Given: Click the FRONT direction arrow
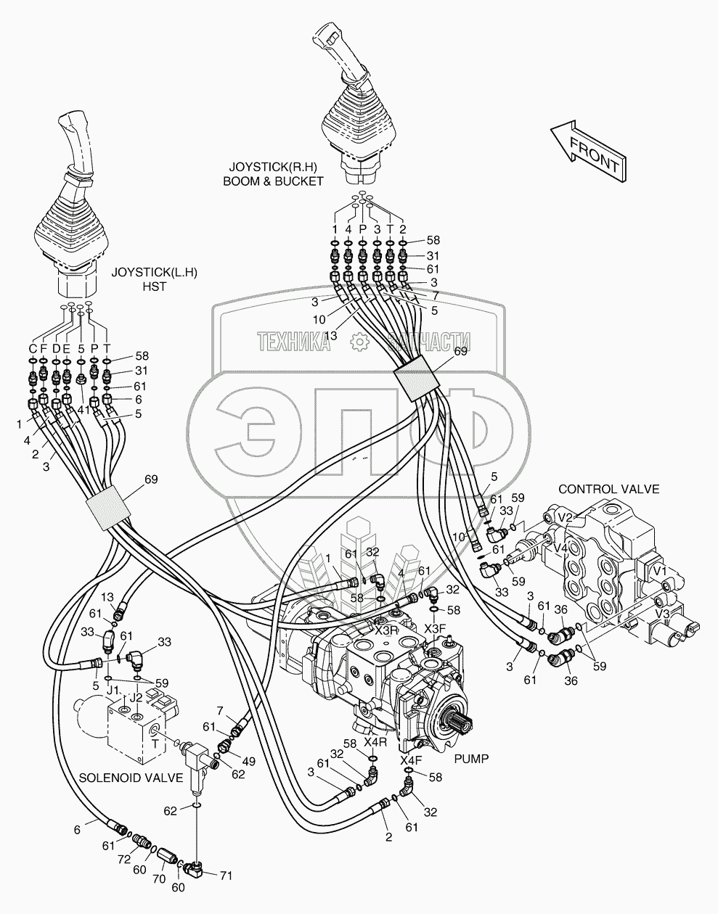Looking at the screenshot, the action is pos(589,152).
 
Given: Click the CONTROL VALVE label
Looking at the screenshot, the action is pos(608,489).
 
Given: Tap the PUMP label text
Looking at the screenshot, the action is pos(471,759).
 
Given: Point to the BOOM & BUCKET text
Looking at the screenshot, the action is pos(273,181).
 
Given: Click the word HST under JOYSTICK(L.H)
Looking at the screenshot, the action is pos(155,287).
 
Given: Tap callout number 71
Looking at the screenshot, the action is pos(226,876).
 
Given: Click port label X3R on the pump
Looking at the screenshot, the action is pos(386,630).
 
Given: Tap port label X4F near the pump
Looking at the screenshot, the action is pos(411,760).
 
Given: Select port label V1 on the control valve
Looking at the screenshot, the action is pos(659,571).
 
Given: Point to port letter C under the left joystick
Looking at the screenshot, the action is pos(33,349).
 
